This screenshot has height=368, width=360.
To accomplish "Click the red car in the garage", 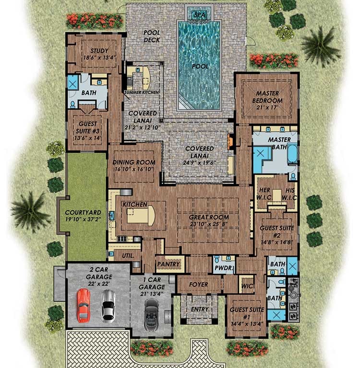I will point(84,306).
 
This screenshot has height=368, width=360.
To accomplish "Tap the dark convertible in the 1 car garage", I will point(152,312).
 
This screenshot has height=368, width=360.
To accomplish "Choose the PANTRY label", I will point(168,264).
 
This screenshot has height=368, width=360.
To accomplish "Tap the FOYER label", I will point(198,284).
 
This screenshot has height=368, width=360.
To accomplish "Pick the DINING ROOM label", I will point(133,166).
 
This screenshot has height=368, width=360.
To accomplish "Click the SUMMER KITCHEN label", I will point(142,92).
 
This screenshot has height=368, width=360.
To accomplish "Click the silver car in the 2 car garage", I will point(108,306).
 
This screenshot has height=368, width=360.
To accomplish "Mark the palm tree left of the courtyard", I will point(30,210).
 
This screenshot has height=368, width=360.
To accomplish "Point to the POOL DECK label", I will point(152,37).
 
